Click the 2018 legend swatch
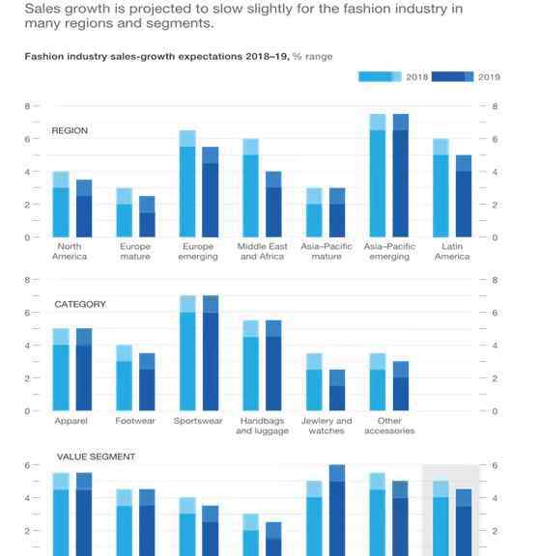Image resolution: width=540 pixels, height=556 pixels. point(380,77)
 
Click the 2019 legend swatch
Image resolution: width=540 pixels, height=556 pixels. point(452,77)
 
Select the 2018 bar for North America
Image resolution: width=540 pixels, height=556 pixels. point(61,205)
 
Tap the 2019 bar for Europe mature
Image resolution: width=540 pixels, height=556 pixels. point(147,216)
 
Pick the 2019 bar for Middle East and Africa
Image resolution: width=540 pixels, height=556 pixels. point(273,205)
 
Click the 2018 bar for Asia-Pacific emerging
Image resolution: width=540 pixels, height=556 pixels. point(378,176)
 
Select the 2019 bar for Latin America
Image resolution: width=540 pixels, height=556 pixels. point(464,196)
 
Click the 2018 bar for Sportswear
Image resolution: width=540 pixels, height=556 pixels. point(187,353)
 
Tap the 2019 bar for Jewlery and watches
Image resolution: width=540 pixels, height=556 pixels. point(337,390)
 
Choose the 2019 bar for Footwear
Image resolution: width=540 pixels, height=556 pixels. point(147,382)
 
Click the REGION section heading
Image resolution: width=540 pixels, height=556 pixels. point(70,131)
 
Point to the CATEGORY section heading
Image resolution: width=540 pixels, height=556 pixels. point(80,305)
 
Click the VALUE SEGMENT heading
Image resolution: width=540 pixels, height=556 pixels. point(96,457)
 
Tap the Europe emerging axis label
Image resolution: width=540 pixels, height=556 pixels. point(198,251)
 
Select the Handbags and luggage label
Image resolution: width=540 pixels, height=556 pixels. point(262,426)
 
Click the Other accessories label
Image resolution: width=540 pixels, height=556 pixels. point(389,426)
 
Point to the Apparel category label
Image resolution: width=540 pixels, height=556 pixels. point(71,421)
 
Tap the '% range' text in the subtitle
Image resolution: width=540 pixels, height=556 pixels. point(313,57)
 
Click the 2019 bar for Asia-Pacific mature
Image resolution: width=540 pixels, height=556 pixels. point(337,212)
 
